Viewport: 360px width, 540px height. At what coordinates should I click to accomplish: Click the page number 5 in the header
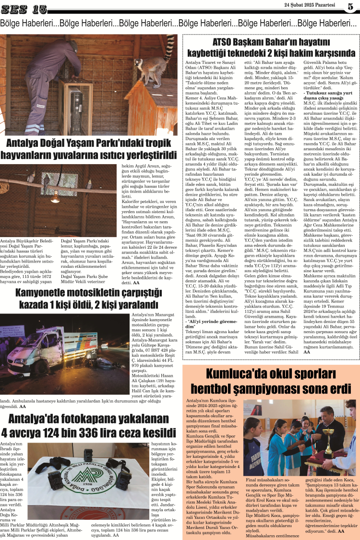[x=350, y=7]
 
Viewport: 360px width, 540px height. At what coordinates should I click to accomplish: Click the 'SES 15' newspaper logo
[x=24, y=9]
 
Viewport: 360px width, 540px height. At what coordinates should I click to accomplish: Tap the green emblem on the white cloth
[x=89, y=477]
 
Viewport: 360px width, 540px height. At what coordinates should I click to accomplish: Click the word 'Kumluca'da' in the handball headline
[x=234, y=373]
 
